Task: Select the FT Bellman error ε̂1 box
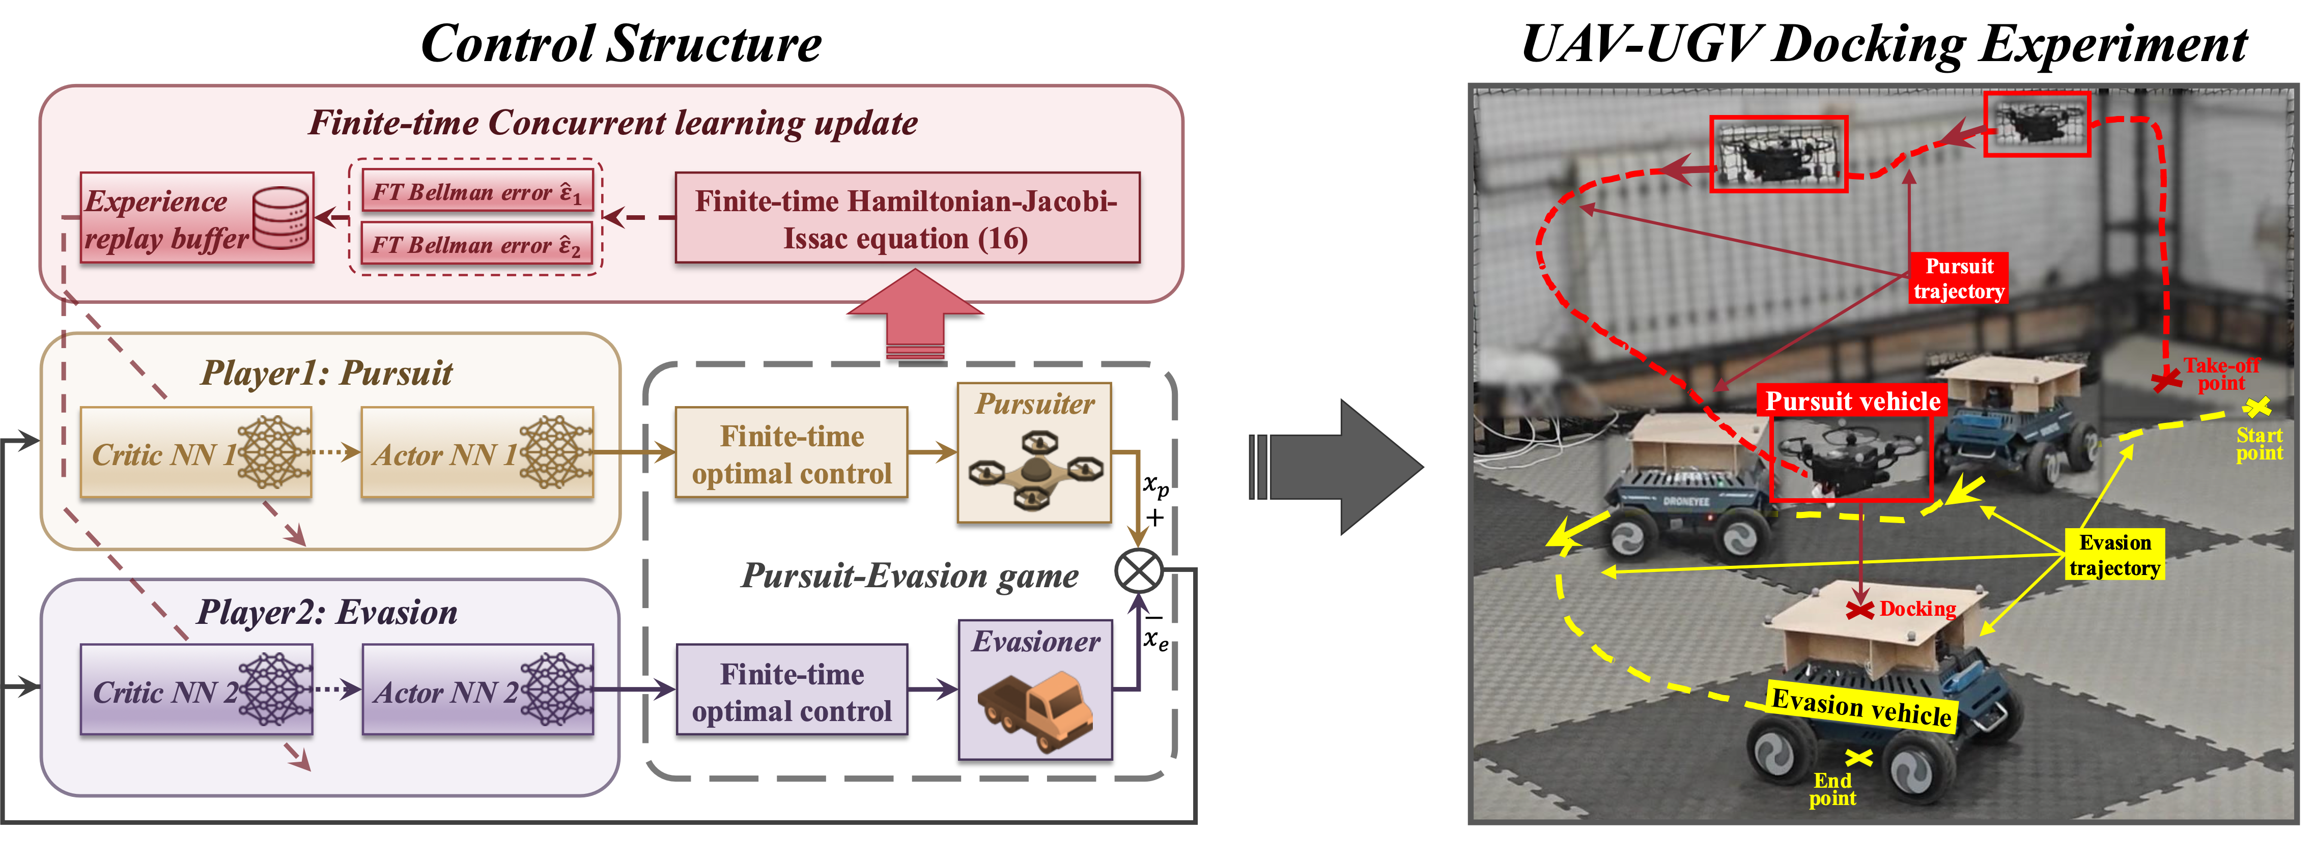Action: [477, 191]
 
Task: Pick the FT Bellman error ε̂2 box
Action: [477, 244]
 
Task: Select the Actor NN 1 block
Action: [476, 453]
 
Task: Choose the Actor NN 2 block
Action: [476, 690]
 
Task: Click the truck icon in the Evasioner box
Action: [1035, 709]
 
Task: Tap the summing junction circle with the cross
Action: [1139, 571]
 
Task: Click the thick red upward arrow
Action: [915, 314]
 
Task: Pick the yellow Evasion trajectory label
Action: [2114, 555]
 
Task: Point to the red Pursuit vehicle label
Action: [1852, 401]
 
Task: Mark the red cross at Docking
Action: [1859, 610]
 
